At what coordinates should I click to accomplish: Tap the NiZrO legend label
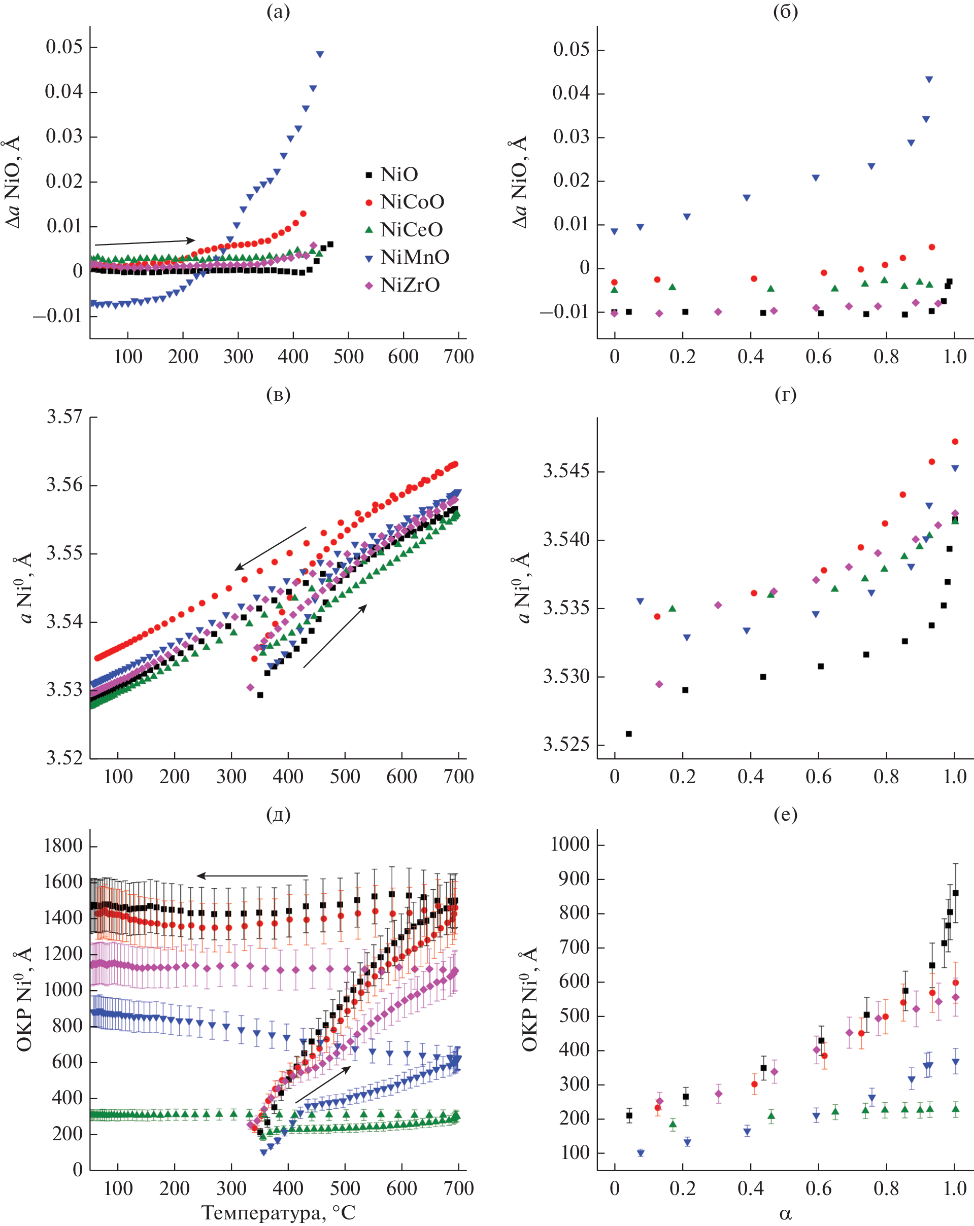(x=410, y=285)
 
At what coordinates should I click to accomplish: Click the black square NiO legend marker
(x=368, y=174)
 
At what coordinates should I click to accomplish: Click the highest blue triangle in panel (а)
(x=320, y=55)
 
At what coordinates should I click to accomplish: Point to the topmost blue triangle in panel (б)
(x=929, y=80)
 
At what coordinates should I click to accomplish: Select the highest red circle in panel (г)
(x=955, y=442)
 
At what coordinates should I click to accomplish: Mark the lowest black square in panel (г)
(x=629, y=734)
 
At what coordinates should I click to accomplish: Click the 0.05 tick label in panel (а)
(x=64, y=47)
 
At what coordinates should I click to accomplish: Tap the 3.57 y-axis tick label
(x=64, y=417)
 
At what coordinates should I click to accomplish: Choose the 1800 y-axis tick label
(x=62, y=846)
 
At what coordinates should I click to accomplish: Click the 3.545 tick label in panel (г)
(x=566, y=471)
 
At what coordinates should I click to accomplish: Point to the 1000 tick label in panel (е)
(x=569, y=844)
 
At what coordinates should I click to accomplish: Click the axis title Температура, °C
(x=278, y=1213)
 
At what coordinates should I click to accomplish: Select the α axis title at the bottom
(x=785, y=1214)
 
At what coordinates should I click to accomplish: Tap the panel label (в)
(x=278, y=394)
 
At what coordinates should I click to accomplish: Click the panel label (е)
(x=785, y=815)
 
